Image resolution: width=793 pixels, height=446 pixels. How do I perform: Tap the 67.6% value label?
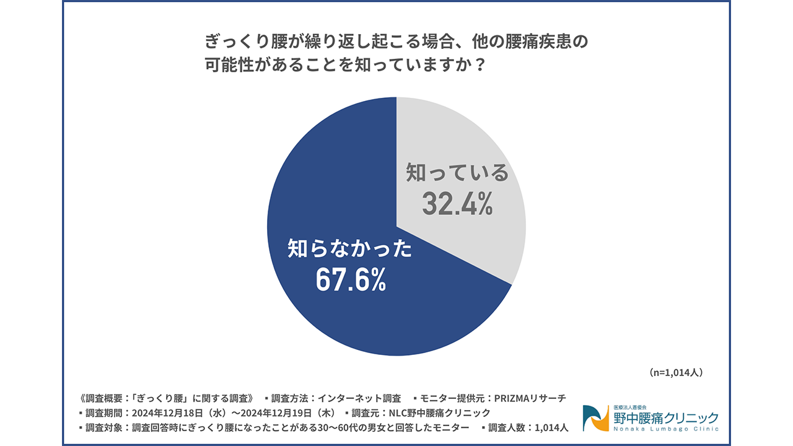tap(351, 280)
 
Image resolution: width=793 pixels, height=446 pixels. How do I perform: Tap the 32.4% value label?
tap(457, 204)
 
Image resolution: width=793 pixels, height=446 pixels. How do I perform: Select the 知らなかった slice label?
tap(350, 249)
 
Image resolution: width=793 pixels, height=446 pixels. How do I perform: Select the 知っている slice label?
tap(457, 173)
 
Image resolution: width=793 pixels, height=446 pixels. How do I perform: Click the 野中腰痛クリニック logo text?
tap(665, 417)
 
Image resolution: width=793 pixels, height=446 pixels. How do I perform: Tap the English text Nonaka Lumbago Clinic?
tap(665, 429)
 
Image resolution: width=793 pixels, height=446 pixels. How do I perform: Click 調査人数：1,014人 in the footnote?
tap(527, 427)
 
